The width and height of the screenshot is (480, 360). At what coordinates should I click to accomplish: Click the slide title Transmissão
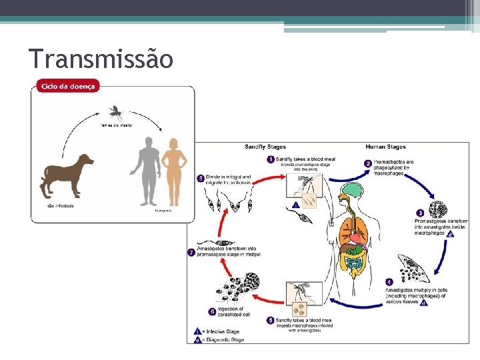(101, 59)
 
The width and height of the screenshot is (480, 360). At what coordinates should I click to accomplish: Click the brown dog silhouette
(67, 175)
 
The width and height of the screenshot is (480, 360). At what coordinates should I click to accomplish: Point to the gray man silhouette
(145, 171)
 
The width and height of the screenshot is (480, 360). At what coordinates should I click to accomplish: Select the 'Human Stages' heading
(385, 147)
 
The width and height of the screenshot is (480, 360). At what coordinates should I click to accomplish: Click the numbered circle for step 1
(271, 160)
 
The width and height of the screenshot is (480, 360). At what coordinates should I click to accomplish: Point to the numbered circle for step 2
(367, 163)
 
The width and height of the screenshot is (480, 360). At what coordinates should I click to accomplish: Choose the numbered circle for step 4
(389, 283)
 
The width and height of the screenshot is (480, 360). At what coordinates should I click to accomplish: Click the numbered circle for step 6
(213, 311)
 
